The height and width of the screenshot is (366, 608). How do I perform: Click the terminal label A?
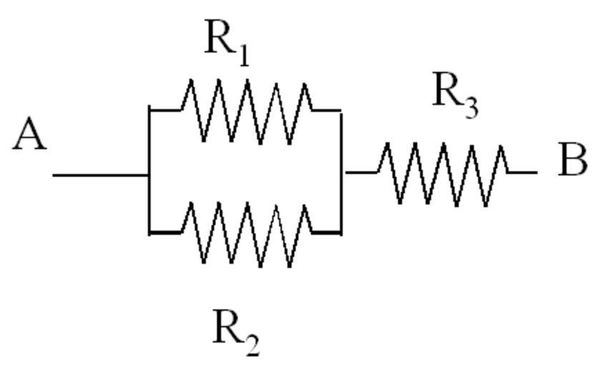29,136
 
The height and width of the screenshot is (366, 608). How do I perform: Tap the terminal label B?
572,161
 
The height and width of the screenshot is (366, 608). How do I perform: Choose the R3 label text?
455,96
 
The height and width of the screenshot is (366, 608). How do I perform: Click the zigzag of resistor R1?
247,110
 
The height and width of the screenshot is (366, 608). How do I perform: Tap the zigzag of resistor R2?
247,233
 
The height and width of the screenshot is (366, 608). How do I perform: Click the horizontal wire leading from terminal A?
100,174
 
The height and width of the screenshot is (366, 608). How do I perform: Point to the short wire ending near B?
524,172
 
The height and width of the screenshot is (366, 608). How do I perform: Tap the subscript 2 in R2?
251,345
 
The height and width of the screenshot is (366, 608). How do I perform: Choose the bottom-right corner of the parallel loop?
341,233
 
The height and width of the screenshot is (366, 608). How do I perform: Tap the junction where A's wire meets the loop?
149,174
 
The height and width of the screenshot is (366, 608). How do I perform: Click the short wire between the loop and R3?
360,172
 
